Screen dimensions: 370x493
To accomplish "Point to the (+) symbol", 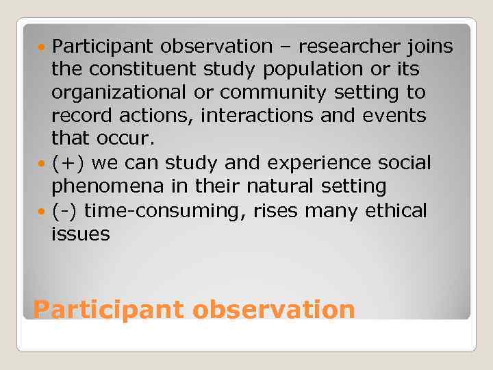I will (68, 163).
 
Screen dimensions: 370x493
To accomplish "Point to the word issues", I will (80, 234).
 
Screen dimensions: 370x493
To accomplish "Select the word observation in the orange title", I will (274, 310).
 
